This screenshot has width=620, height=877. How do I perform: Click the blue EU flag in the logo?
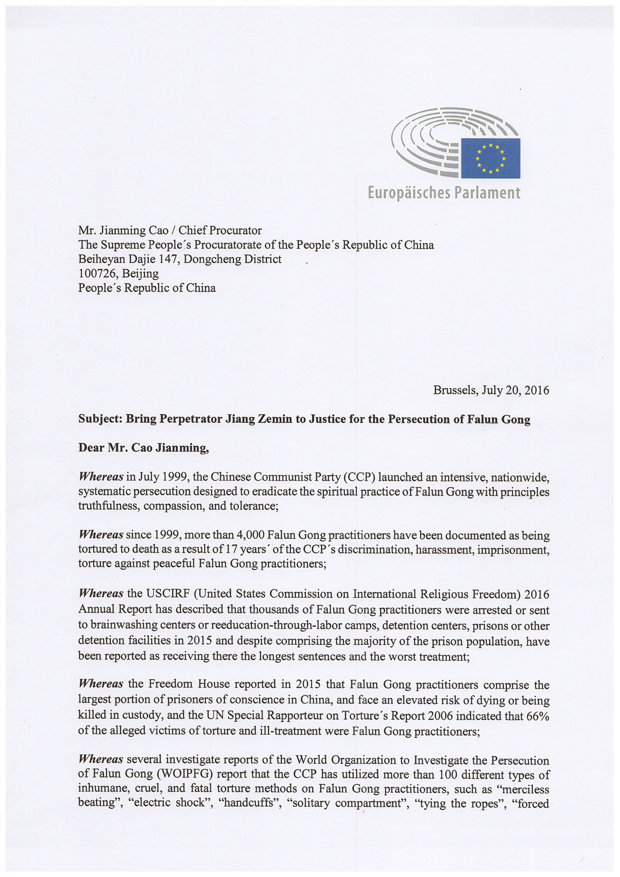[x=491, y=158]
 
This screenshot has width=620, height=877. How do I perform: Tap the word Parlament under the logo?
[x=487, y=193]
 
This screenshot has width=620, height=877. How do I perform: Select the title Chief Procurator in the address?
[x=220, y=230]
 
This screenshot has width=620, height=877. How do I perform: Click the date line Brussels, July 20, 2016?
[x=491, y=390]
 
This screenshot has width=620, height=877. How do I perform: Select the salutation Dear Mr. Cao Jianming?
[x=144, y=448]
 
